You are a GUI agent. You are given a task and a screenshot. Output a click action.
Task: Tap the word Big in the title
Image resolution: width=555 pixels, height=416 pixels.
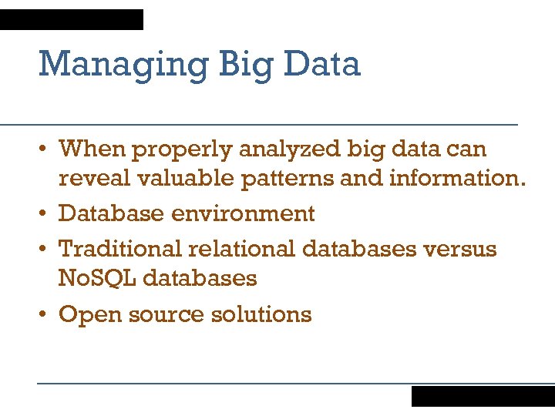[x=246, y=65]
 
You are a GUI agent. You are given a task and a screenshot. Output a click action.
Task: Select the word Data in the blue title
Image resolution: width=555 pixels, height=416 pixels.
[x=321, y=65]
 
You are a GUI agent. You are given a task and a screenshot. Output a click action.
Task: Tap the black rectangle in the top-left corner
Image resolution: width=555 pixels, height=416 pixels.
[x=72, y=19]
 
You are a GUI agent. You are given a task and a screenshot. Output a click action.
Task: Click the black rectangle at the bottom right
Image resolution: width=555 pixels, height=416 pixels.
[x=483, y=396]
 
